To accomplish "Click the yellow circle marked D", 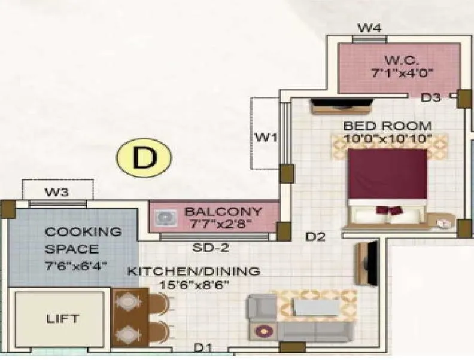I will click(x=144, y=158).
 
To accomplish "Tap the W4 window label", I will click(x=369, y=28).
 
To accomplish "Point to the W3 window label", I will click(x=57, y=192).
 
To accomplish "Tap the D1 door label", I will click(x=202, y=348).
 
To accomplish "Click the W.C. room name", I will click(x=397, y=60).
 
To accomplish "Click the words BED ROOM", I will click(x=387, y=126).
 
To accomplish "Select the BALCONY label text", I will click(x=223, y=211).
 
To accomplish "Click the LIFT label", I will click(x=62, y=319).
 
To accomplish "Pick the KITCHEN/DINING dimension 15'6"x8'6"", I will click(x=193, y=285).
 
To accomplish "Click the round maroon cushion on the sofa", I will click(x=262, y=331).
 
